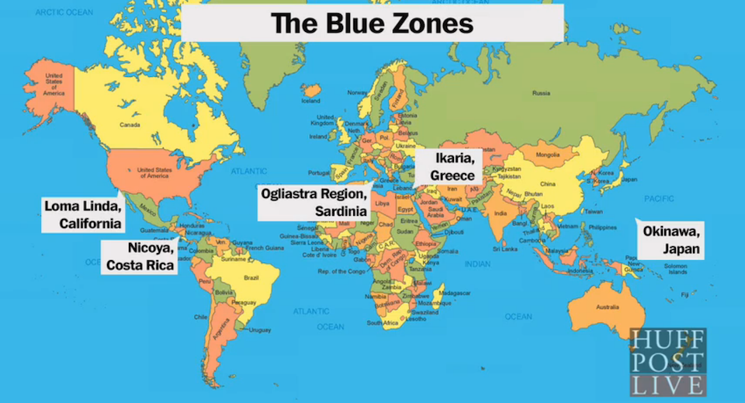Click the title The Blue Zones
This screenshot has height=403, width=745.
372,23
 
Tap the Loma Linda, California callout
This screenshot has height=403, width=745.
83,215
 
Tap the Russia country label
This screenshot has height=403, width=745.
541,94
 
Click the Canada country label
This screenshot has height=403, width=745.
130,124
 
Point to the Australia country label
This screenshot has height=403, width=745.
608,307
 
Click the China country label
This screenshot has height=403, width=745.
548,184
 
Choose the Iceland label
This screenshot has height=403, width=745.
310,100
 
